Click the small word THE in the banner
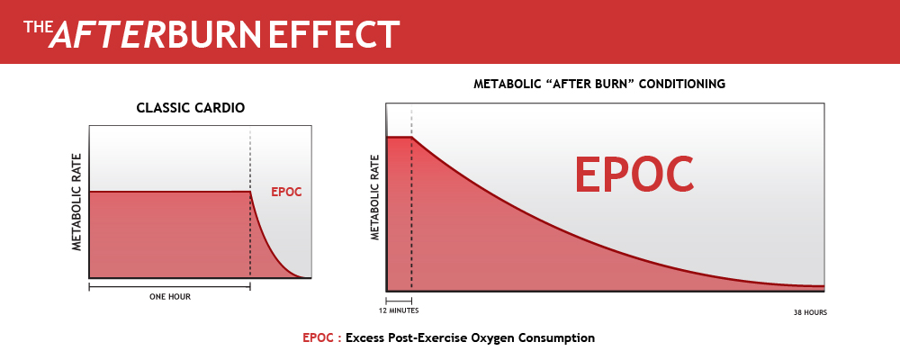pyautogui.click(x=34, y=27)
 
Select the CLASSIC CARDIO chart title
pyautogui.click(x=190, y=108)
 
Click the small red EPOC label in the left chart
pyautogui.click(x=286, y=192)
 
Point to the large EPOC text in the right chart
pyautogui.click(x=634, y=174)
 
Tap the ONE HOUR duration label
pyautogui.click(x=169, y=295)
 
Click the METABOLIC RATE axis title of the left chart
pyautogui.click(x=77, y=203)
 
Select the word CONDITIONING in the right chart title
pyautogui.click(x=681, y=84)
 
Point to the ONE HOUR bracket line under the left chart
pyautogui.click(x=169, y=286)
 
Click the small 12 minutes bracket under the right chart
pyautogui.click(x=399, y=300)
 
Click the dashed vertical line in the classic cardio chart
pyautogui.click(x=250, y=162)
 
